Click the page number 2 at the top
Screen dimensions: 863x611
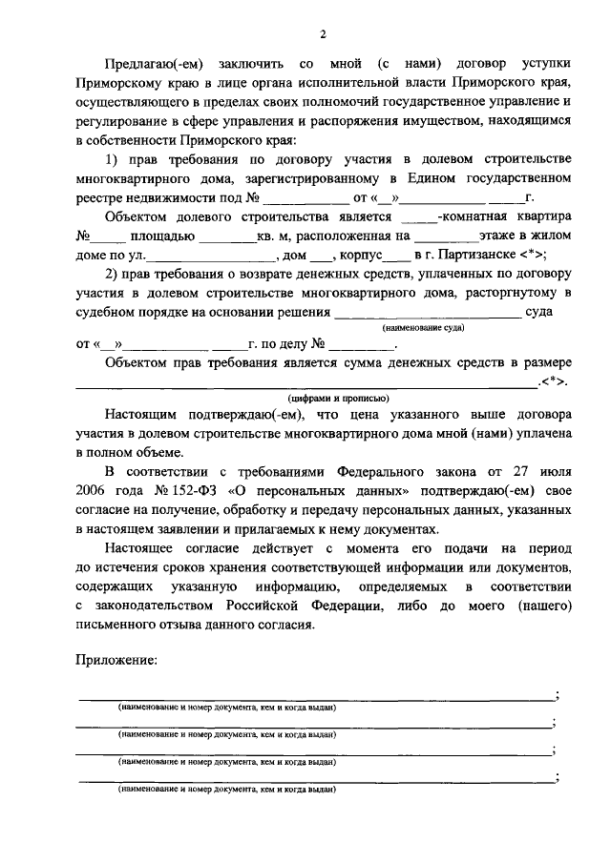coord(323,36)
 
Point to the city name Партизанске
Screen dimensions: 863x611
coord(474,255)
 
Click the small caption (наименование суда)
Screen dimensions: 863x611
coord(424,327)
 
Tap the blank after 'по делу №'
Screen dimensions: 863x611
coord(363,344)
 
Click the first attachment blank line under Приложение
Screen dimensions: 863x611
coord(315,697)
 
